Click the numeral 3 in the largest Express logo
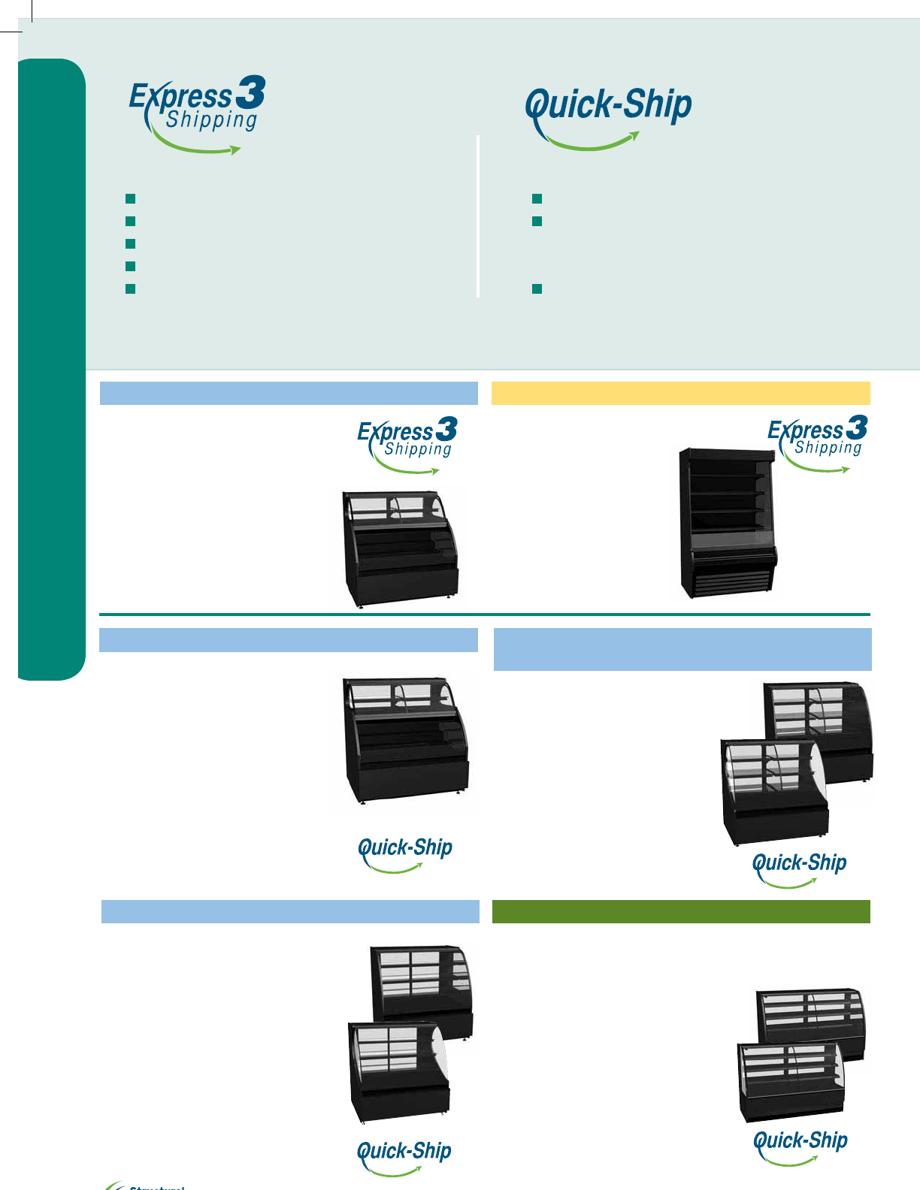pyautogui.click(x=250, y=92)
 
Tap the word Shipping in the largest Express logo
pyautogui.click(x=212, y=120)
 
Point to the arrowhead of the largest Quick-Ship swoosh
pyautogui.click(x=634, y=136)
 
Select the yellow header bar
pyautogui.click(x=680, y=393)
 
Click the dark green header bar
pyautogui.click(x=680, y=911)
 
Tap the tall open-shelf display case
pyautogui.click(x=726, y=523)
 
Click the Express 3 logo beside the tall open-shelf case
pyautogui.click(x=818, y=443)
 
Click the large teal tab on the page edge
pyautogui.click(x=51, y=368)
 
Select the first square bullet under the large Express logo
pyautogui.click(x=130, y=198)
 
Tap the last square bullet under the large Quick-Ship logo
pyautogui.click(x=537, y=288)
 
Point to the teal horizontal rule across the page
pyautogui.click(x=484, y=615)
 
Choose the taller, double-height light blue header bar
pyautogui.click(x=682, y=649)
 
